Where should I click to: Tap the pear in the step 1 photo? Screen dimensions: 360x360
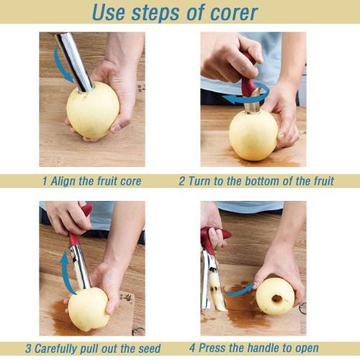point(92,112)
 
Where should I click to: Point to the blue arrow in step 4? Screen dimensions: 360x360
point(240,290)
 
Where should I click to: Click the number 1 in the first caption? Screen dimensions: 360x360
point(44,181)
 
